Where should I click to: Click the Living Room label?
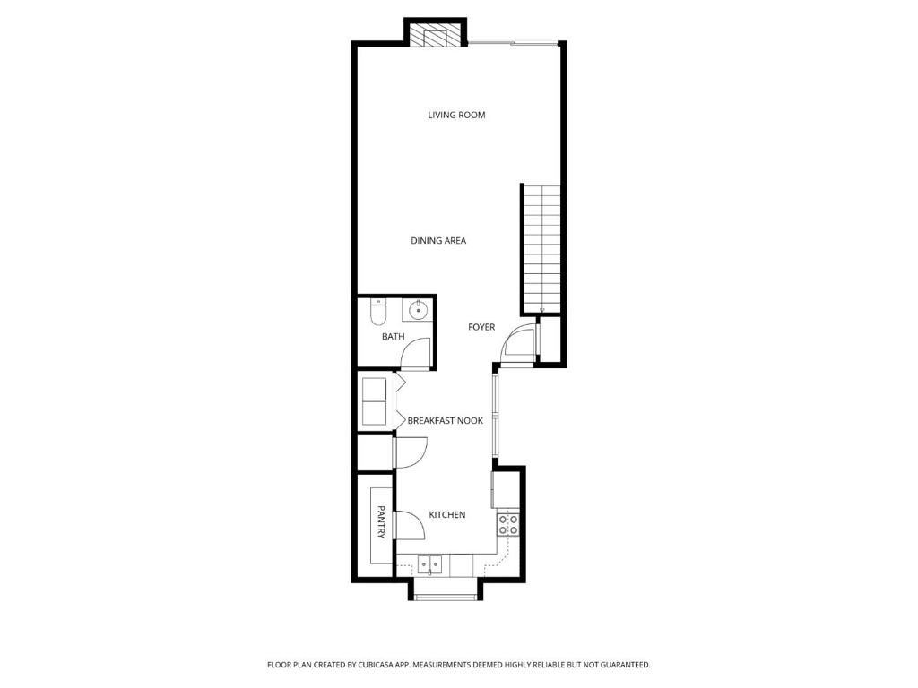click(x=456, y=116)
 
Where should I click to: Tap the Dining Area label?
click(x=438, y=240)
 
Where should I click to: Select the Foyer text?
click(x=481, y=327)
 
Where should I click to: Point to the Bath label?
click(x=393, y=337)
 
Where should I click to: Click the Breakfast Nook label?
click(x=446, y=421)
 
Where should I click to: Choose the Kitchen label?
click(x=447, y=515)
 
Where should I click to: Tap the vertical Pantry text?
click(x=381, y=522)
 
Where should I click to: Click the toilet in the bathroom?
click(x=377, y=313)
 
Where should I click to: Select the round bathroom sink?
click(x=418, y=309)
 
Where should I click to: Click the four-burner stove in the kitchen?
click(x=507, y=524)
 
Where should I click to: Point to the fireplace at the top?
click(x=436, y=35)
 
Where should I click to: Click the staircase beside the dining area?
click(x=541, y=249)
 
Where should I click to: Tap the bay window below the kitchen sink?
click(x=445, y=597)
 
